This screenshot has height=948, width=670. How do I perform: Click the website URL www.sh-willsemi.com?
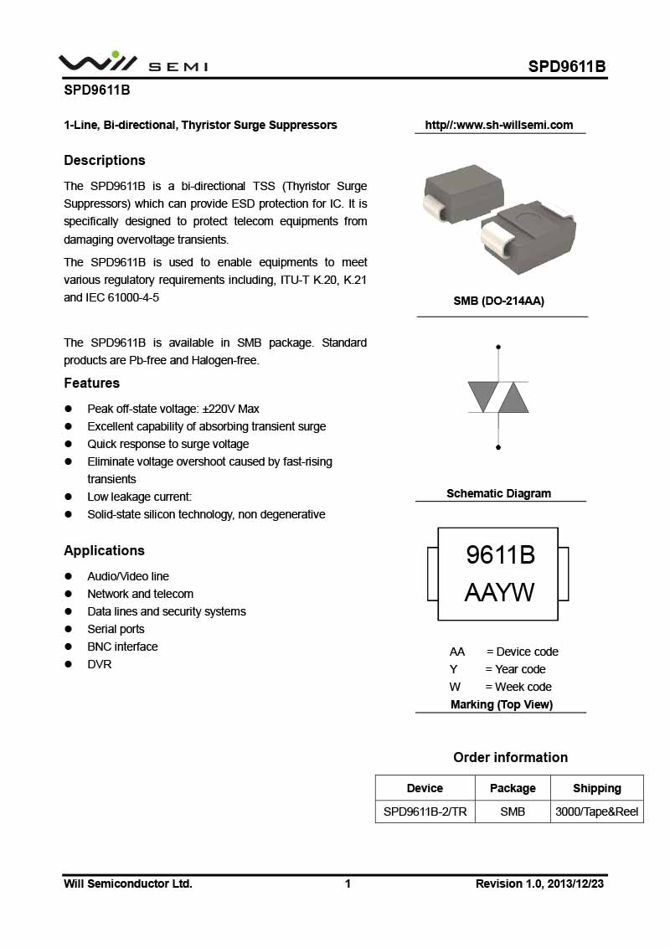coord(499,125)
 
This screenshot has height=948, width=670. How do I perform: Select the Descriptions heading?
coord(105,160)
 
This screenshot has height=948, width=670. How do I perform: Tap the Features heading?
coord(92,383)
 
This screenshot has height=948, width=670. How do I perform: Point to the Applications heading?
coord(105,550)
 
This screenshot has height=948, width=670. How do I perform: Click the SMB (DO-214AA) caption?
coord(499,301)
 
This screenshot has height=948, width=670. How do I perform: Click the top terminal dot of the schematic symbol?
coord(498,346)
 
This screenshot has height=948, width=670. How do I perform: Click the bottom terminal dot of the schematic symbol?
coord(498,447)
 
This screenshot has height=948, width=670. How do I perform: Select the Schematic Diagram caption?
coord(499,493)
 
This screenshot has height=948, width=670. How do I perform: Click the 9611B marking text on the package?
coord(500,554)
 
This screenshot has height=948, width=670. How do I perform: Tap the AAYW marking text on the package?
coord(499,593)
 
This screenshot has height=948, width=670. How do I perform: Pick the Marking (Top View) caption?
coord(502,704)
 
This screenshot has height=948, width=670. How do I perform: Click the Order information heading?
coord(510,757)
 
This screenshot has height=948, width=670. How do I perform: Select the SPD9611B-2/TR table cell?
coord(425,811)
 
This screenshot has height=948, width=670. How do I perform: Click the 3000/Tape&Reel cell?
coord(597,811)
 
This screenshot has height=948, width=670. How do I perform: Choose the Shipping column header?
coord(597,788)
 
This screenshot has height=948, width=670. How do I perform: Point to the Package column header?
coord(513,788)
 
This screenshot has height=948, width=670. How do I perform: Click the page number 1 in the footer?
coord(348,884)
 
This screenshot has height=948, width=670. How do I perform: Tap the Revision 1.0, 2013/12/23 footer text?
coord(540,884)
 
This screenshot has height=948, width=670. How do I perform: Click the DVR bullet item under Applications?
coord(100,664)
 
